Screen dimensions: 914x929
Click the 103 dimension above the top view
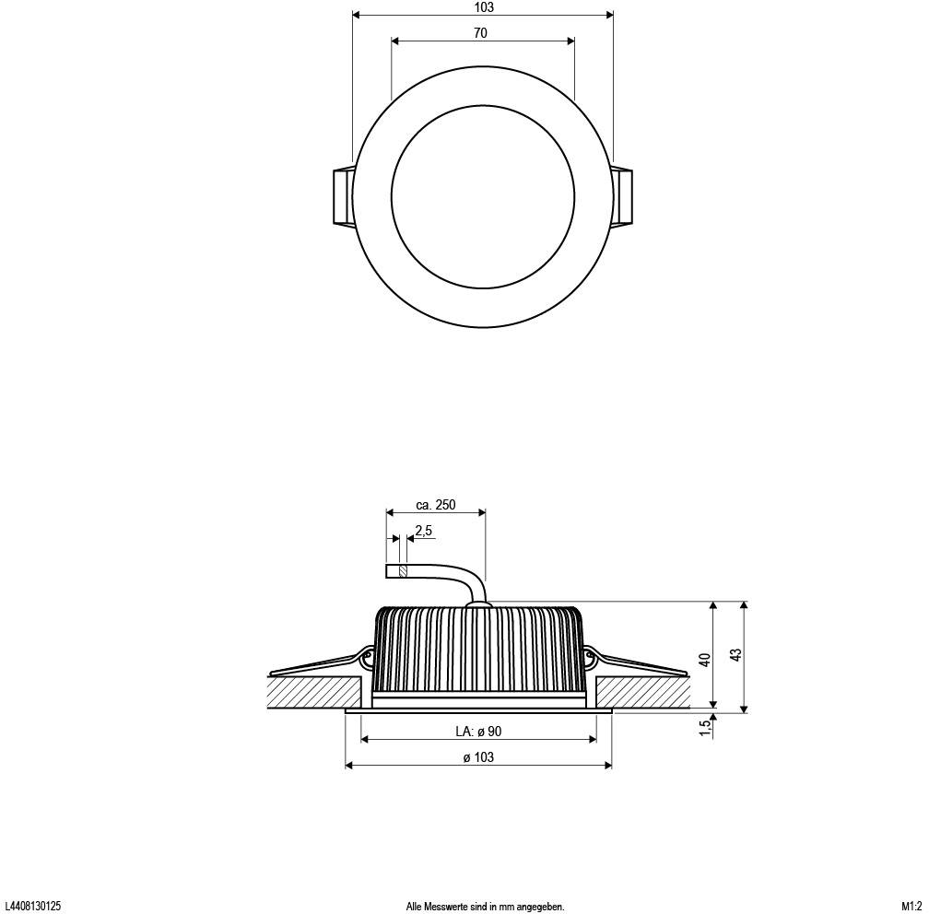(x=483, y=7)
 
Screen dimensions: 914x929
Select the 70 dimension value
(x=480, y=33)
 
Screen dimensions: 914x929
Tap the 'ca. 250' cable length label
(x=436, y=505)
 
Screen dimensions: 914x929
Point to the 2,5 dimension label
(x=424, y=531)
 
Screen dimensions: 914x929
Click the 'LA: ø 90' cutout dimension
(x=478, y=732)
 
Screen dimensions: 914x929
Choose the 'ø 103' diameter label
(x=478, y=757)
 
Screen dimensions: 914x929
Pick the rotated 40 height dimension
(x=705, y=659)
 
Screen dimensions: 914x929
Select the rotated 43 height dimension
(x=735, y=655)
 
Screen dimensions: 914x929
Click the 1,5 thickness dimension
(x=705, y=727)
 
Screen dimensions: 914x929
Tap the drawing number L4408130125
(x=33, y=907)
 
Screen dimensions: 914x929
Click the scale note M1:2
(x=911, y=907)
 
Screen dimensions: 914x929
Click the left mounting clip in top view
(x=342, y=195)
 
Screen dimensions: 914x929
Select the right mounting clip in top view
(x=623, y=195)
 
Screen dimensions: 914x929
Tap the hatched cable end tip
(x=402, y=571)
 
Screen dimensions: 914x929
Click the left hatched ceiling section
(x=313, y=692)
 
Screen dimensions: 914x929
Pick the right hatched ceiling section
(x=643, y=692)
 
